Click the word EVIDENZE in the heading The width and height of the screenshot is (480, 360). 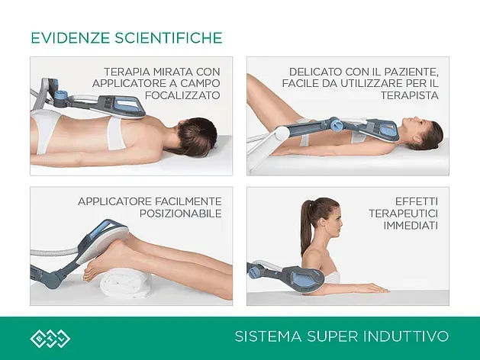point(70,38)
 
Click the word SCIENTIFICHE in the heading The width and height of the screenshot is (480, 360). point(169,38)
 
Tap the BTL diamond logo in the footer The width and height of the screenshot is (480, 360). point(50,339)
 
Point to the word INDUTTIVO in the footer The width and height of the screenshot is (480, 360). point(406,336)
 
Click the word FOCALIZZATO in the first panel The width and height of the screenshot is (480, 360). point(182,95)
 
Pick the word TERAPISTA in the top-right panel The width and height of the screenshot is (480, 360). point(410,95)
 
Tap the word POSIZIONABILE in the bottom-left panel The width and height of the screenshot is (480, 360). point(181,214)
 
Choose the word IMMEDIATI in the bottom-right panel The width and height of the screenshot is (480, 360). point(411,226)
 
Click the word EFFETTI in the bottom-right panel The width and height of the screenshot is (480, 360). point(417,201)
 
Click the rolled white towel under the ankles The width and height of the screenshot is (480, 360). point(126,282)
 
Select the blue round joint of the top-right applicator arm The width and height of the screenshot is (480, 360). point(336,124)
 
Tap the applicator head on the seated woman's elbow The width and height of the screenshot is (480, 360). point(303,277)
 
